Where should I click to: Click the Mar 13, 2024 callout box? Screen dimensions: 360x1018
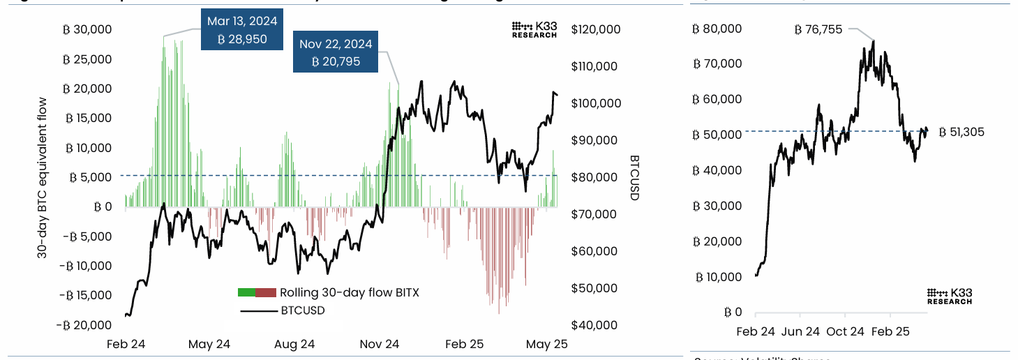coord(241,30)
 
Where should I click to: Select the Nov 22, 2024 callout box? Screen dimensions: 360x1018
coord(336,53)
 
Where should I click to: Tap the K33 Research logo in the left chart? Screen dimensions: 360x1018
coord(534,29)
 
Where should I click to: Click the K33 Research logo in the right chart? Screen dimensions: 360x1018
coord(949,297)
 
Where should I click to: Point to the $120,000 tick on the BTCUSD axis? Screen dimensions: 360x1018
coord(594,30)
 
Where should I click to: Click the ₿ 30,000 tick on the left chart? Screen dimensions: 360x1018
coord(87,30)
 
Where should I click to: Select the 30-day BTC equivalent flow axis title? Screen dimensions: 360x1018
coord(43,179)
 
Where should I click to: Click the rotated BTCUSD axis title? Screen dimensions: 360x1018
coord(634,178)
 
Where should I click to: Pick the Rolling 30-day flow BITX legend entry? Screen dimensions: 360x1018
coord(328,292)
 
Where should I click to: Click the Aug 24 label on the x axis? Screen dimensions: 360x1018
coord(294,344)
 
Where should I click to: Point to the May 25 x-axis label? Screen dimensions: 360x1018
coord(546,344)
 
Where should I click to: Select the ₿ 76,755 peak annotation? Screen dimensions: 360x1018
coord(818,29)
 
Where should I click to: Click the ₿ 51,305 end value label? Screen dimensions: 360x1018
coord(961,132)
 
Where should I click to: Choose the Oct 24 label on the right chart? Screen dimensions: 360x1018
coord(845,331)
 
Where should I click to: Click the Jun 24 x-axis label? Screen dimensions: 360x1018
coord(801,331)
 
